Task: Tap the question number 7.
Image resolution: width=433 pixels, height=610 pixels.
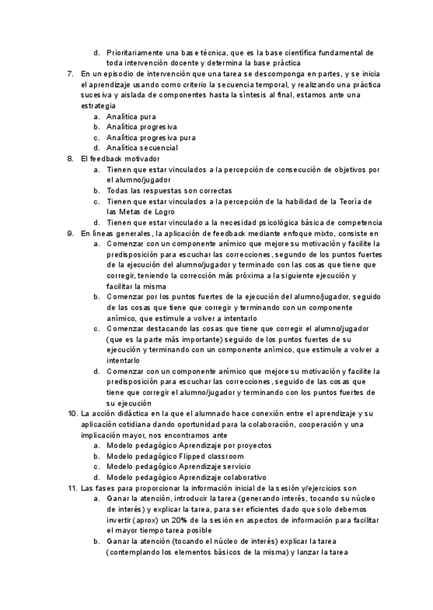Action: click(x=70, y=74)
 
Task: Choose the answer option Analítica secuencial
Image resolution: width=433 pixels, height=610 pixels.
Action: click(x=142, y=148)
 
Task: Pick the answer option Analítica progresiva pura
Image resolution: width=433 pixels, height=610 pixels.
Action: click(x=151, y=137)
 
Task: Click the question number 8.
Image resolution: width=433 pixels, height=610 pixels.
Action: click(x=70, y=159)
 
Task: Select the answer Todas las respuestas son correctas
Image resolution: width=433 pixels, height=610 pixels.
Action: click(x=169, y=191)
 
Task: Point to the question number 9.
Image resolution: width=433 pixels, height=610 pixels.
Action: click(x=70, y=233)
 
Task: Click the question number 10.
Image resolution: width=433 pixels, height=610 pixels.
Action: click(x=72, y=414)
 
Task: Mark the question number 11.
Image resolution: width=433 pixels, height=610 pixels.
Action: click(x=72, y=488)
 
